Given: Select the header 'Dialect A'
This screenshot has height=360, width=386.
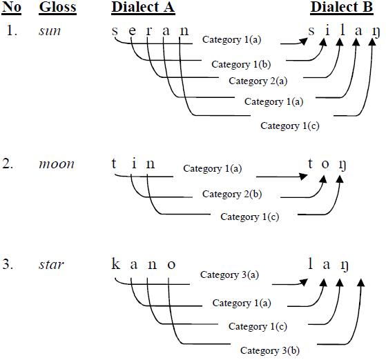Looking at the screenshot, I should coord(142,8).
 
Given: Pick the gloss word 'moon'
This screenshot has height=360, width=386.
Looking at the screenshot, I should coord(56,164).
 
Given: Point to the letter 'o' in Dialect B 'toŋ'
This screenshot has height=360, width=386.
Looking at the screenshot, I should coord(325,165).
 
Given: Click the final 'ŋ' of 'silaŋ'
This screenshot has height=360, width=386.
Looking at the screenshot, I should coord(374,32).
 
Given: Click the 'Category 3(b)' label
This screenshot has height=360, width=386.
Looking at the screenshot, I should coord(270,350).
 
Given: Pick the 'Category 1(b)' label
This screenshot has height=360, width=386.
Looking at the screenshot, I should coord(240,64).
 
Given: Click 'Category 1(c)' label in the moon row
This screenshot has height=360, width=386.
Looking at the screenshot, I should coord(249,217).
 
